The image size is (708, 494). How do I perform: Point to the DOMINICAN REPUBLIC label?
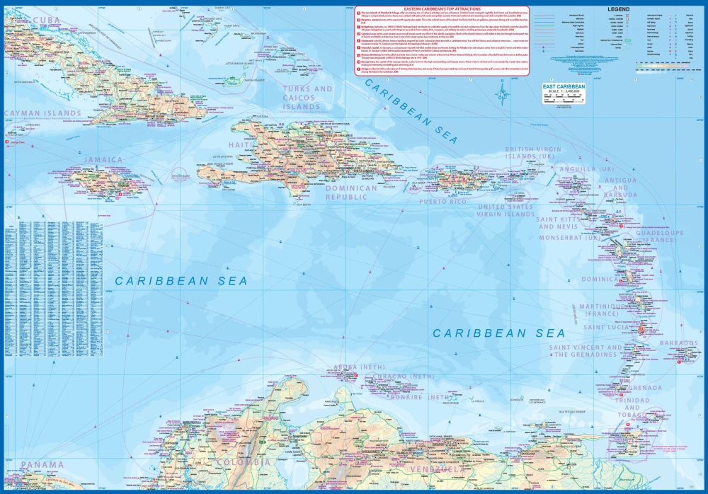coord(351,193)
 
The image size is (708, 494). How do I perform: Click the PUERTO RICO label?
coord(442,202)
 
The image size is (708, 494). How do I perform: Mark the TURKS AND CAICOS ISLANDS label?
coord(307,98)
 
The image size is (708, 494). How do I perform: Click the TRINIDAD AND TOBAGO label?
coord(632,408)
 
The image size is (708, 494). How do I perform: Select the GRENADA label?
coord(644,388)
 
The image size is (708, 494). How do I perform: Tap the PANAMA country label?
coord(42,465)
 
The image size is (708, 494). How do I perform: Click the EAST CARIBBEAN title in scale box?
coord(564,87)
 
